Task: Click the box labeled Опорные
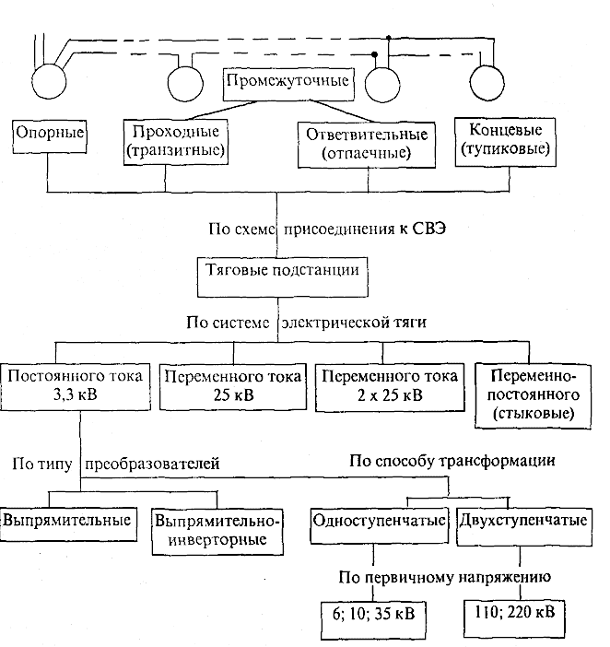[50, 136]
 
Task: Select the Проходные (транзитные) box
[176, 142]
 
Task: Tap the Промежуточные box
[288, 84]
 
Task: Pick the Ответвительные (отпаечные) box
[367, 145]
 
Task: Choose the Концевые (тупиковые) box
[505, 142]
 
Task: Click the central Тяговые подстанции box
[283, 277]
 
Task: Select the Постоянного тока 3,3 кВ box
[75, 386]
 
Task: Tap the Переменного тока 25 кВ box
[233, 386]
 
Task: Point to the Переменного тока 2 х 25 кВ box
[390, 387]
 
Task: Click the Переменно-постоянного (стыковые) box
[533, 395]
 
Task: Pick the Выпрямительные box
[67, 524]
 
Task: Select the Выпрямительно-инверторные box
[217, 532]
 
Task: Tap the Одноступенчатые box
[379, 525]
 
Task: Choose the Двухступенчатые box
[524, 526]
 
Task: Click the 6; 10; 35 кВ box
[373, 620]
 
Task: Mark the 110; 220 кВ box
[515, 618]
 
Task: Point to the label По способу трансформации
[452, 461]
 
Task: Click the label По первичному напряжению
[445, 577]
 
